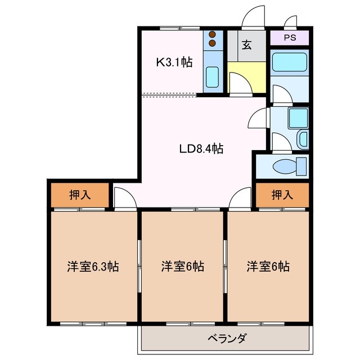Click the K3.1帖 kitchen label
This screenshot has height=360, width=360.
tap(174, 62)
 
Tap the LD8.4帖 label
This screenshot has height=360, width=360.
tap(201, 149)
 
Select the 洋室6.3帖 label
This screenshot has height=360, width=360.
tap(93, 266)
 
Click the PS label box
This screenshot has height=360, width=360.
tap(289, 38)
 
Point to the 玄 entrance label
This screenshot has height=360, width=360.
tap(247, 45)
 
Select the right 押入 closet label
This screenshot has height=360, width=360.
tap(282, 195)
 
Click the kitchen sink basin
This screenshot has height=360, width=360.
tap(212, 76)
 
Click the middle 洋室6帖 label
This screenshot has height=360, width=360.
tap(182, 266)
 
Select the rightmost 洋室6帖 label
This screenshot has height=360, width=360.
tap(268, 266)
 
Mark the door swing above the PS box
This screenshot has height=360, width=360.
tap(290, 22)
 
